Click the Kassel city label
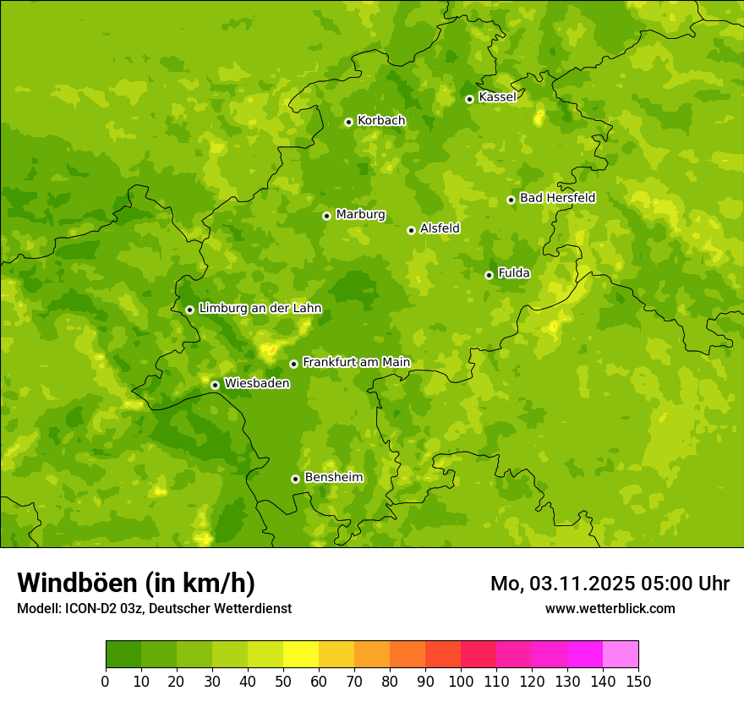(497, 97)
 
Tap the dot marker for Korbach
(348, 122)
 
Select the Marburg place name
(360, 215)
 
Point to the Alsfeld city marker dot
(411, 230)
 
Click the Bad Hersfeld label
(557, 198)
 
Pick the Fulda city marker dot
(489, 275)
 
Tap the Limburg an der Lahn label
(260, 309)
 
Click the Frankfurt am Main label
(356, 363)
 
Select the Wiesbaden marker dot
(215, 385)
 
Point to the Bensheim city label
(333, 478)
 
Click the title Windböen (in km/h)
(136, 583)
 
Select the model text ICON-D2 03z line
(154, 609)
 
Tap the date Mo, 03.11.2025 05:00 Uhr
(610, 584)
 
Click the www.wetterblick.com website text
(610, 609)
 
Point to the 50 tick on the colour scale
(283, 681)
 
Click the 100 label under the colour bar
(461, 681)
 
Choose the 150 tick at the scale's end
(638, 681)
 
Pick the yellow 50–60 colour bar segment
(301, 654)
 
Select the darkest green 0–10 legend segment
(123, 654)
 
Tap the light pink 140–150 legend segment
(621, 654)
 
